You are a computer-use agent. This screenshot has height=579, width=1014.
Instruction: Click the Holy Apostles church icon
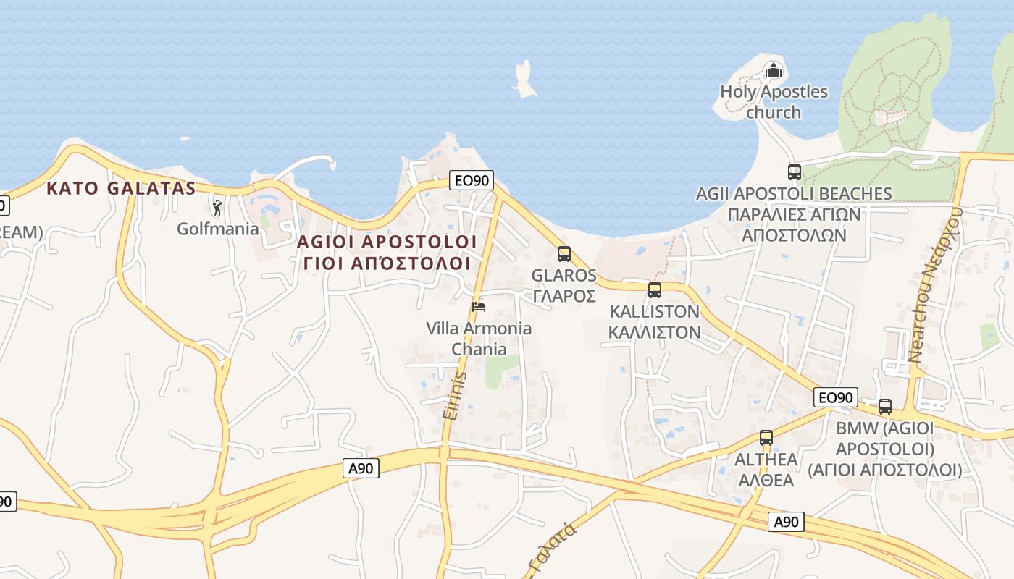(x=774, y=71)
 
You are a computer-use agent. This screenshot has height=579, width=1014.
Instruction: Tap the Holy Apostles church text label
(x=774, y=102)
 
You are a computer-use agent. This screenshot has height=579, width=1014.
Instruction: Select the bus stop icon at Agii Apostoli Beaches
(x=795, y=172)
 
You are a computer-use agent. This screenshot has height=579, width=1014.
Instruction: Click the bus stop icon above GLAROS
(x=564, y=254)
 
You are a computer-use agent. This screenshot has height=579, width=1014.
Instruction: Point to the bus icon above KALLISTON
(x=655, y=290)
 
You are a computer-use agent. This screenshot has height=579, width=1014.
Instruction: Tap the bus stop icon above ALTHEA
(x=766, y=438)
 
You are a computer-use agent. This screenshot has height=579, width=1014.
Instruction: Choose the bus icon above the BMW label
(x=885, y=407)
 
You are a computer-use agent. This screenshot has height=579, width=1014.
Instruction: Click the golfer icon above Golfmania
(x=217, y=208)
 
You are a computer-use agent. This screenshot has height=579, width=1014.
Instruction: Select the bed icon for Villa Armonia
(x=478, y=307)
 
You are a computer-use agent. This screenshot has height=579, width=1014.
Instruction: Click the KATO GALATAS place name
(x=121, y=189)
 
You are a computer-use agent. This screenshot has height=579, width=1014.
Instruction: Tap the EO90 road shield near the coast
(x=471, y=180)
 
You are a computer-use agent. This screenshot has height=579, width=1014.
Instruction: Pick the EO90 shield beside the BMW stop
(x=835, y=397)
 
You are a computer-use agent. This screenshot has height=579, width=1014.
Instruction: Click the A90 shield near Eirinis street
(x=361, y=469)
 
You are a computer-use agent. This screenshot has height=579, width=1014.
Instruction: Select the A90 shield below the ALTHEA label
(x=786, y=522)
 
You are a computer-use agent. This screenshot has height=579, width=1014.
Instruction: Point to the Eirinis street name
(x=453, y=394)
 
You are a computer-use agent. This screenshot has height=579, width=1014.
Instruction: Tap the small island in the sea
(x=524, y=80)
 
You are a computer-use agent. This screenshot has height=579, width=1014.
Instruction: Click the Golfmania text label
(x=218, y=229)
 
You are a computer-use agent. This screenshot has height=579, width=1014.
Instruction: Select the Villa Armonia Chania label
(x=479, y=339)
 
